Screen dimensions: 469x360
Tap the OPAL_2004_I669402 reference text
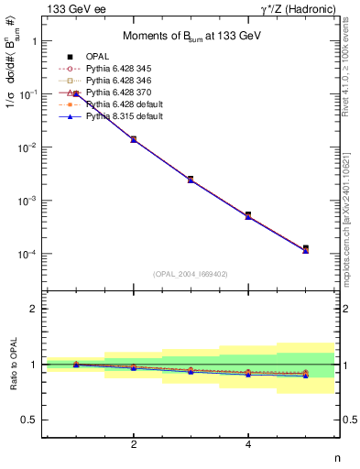tap(189, 274)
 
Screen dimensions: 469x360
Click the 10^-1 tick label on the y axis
tap(27, 94)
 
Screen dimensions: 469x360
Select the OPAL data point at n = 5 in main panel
tap(306, 248)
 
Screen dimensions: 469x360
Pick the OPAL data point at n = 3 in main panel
tap(191, 179)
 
